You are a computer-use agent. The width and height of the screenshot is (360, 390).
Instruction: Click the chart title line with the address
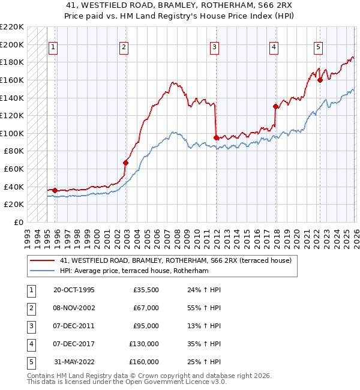[180, 5]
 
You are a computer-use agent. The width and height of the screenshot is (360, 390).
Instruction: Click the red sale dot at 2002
[126, 162]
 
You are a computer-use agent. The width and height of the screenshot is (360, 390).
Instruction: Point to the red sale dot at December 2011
[216, 137]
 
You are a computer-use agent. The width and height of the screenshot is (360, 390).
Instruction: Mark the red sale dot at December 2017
[275, 107]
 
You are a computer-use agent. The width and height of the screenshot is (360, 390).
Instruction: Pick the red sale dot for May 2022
[320, 80]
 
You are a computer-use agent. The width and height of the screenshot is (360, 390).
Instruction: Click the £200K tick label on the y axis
[12, 44]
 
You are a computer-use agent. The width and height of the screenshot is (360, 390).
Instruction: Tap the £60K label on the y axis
[14, 169]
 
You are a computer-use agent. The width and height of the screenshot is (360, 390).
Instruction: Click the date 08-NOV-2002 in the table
[73, 308]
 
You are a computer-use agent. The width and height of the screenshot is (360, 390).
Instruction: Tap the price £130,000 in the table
[144, 344]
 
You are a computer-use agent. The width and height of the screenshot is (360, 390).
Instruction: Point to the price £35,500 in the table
[146, 290]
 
